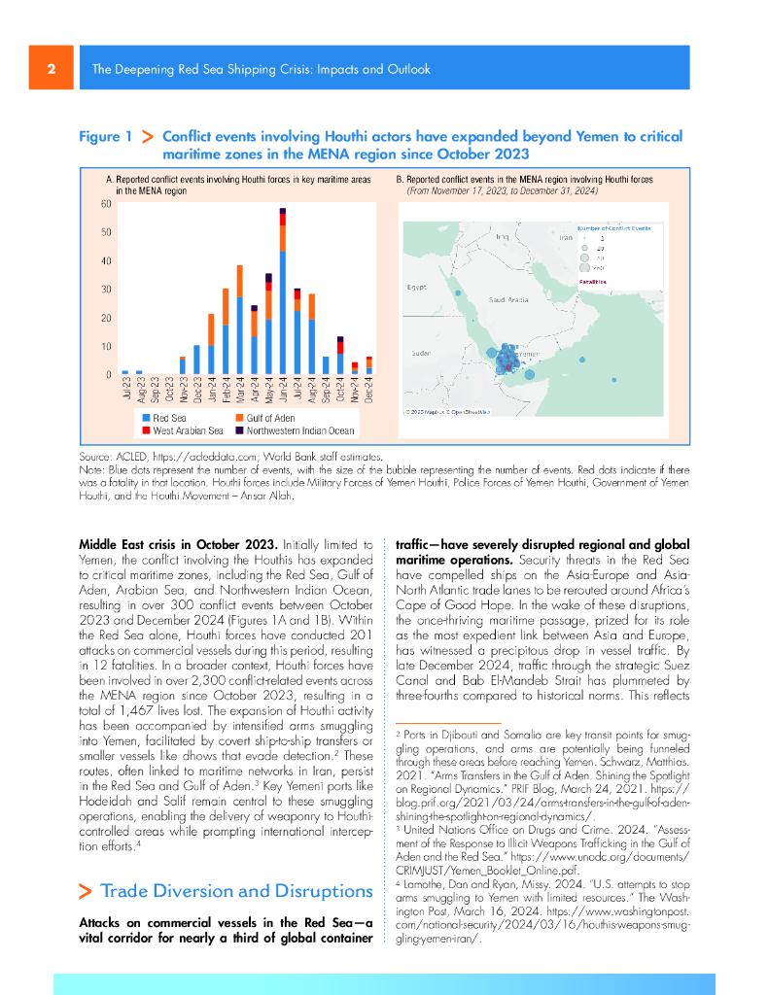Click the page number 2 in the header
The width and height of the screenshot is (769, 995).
[51, 69]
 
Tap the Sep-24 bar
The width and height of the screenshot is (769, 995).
[326, 365]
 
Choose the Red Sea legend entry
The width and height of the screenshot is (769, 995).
[167, 416]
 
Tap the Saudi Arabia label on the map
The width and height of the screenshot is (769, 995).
[508, 299]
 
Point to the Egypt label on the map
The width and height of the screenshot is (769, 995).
[416, 288]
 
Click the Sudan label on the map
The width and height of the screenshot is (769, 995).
[421, 353]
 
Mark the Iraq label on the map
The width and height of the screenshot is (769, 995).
[502, 236]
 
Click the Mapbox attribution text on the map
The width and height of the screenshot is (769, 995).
[446, 412]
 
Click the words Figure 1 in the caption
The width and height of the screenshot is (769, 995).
[105, 137]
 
